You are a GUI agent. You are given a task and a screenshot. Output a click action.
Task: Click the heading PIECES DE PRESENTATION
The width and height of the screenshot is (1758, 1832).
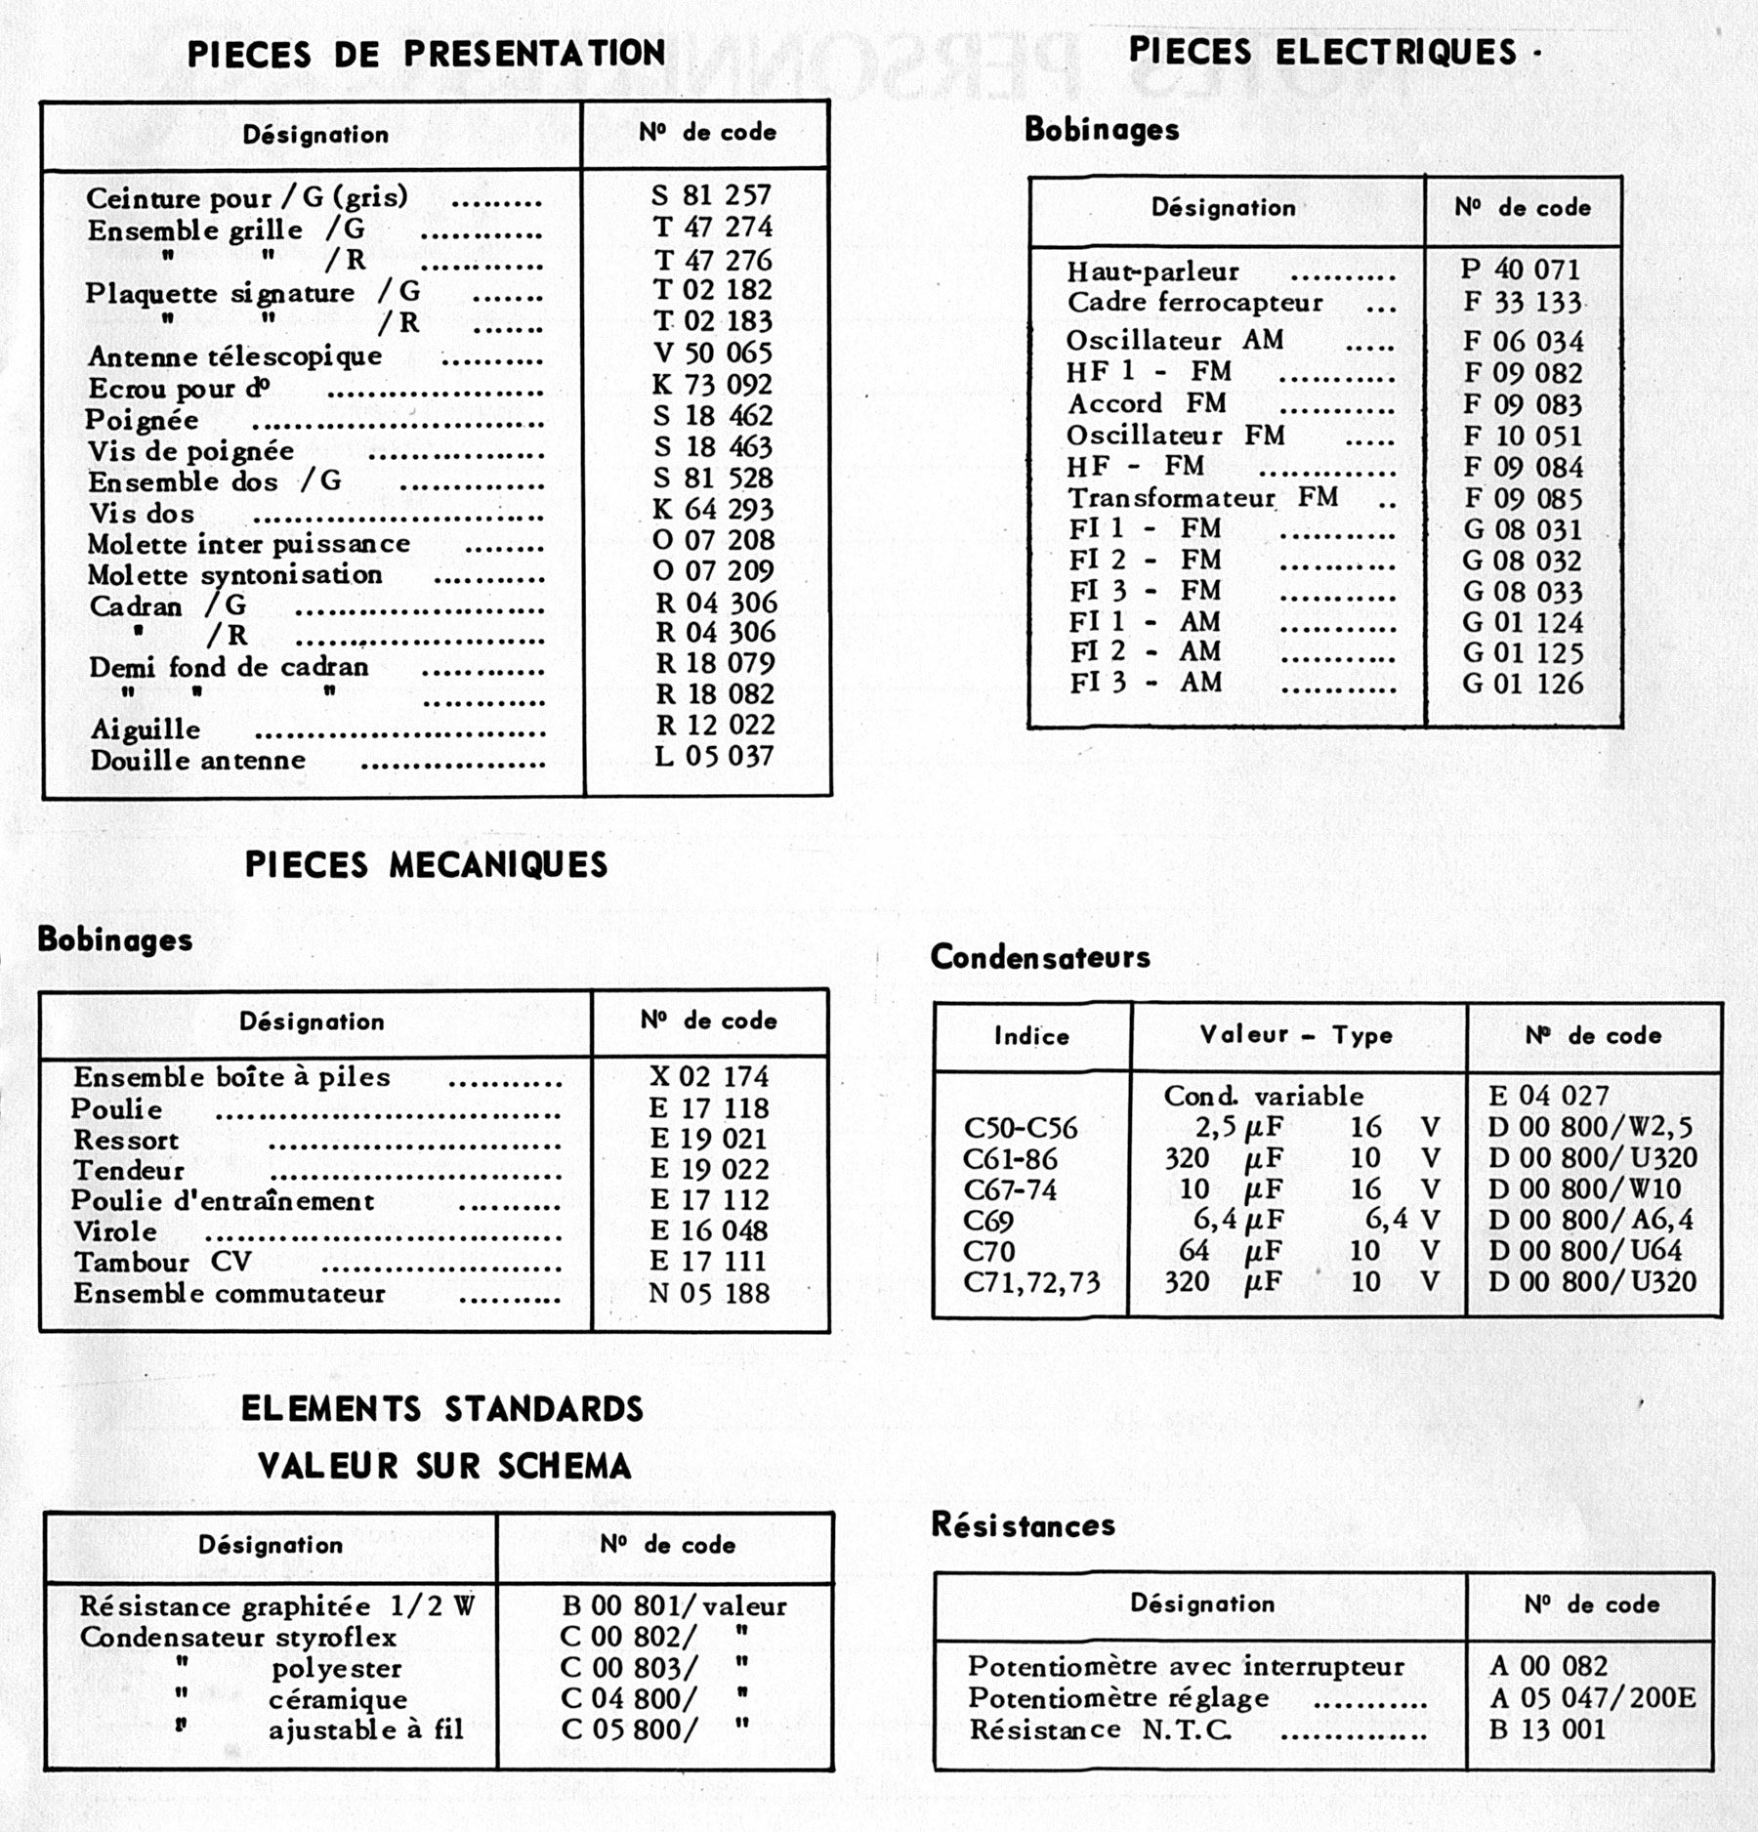pos(427,54)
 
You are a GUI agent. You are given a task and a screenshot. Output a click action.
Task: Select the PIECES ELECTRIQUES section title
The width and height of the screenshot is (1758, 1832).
pos(1323,52)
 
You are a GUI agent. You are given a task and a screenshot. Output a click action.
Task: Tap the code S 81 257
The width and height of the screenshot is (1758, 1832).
pos(711,195)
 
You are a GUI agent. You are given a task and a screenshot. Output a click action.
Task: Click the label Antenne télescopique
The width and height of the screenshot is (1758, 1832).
pos(234,356)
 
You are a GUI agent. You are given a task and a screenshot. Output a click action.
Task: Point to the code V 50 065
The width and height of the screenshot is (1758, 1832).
pos(712,354)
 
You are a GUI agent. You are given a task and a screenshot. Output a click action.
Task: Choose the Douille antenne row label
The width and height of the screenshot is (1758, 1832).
pos(198,761)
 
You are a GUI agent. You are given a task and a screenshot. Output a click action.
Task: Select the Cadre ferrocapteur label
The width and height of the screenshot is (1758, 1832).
pos(1194,303)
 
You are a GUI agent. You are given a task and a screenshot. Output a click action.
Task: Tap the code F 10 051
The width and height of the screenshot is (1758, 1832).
pos(1523,436)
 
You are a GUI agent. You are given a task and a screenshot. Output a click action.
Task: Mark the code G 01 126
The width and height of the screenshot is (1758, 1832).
pos(1523,684)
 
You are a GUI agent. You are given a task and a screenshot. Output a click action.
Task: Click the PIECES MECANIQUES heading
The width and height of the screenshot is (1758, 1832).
pos(426,865)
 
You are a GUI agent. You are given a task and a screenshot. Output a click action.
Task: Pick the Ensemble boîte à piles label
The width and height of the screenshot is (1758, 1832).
pos(231,1077)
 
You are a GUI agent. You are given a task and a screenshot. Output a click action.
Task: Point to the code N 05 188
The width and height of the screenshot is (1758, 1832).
pos(709,1294)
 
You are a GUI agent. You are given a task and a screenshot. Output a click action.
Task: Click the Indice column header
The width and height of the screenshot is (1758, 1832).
pos(1031,1036)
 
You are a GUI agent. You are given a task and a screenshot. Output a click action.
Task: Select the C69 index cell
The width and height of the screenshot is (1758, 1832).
pos(988,1221)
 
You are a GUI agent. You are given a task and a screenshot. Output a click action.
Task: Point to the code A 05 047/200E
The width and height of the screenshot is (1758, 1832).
pos(1593,1698)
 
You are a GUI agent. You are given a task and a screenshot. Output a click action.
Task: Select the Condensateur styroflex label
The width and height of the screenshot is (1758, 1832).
pos(238,1638)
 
